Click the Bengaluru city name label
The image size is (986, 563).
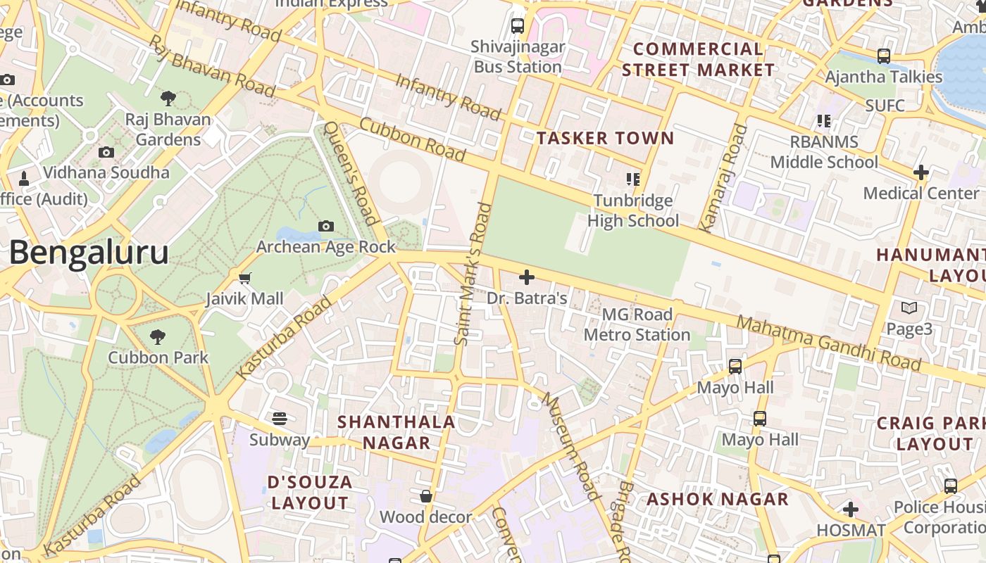(x=89, y=253)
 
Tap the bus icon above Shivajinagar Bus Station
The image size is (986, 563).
(x=518, y=26)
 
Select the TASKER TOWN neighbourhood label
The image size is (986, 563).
(x=606, y=138)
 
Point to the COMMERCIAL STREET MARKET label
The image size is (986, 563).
(x=698, y=60)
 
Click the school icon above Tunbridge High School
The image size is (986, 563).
(x=632, y=179)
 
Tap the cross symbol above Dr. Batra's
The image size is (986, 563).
(x=526, y=277)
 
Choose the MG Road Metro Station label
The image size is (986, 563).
(x=637, y=324)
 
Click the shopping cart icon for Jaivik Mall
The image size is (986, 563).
(x=244, y=279)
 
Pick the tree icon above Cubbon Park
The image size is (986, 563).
(x=158, y=337)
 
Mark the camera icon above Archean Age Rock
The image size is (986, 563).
(x=325, y=226)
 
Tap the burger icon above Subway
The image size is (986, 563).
(x=280, y=419)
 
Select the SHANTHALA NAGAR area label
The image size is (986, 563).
(x=396, y=432)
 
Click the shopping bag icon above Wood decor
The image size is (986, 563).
(x=425, y=497)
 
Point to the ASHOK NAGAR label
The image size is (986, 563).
(x=718, y=500)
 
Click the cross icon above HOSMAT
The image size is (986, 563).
(x=851, y=509)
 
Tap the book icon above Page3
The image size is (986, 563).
(x=909, y=308)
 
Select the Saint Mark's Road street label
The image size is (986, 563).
(x=473, y=274)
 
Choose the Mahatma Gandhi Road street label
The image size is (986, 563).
(x=828, y=343)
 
